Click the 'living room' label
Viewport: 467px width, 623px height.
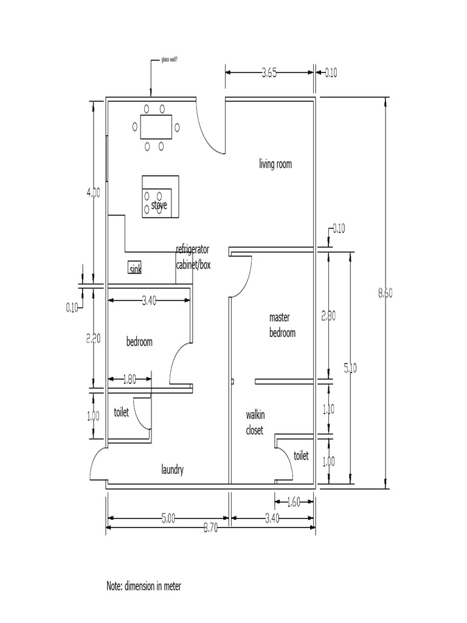tap(275, 164)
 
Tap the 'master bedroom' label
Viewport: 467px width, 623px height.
tap(282, 325)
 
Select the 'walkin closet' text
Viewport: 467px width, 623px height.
tap(255, 422)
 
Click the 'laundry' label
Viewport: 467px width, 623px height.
tap(172, 470)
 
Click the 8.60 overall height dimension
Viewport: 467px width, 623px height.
tap(386, 293)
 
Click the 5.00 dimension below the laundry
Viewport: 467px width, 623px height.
tap(168, 519)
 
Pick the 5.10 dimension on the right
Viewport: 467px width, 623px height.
tap(351, 367)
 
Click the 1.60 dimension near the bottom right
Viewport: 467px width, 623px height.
tap(294, 502)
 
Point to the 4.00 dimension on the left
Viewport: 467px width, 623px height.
tap(93, 192)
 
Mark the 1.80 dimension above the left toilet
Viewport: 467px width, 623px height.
tap(130, 379)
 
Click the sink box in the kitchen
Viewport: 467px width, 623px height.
tap(134, 268)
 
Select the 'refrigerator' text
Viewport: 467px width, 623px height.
tap(193, 249)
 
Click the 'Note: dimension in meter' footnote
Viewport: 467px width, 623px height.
tap(144, 586)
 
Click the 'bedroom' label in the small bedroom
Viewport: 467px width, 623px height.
tap(139, 342)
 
